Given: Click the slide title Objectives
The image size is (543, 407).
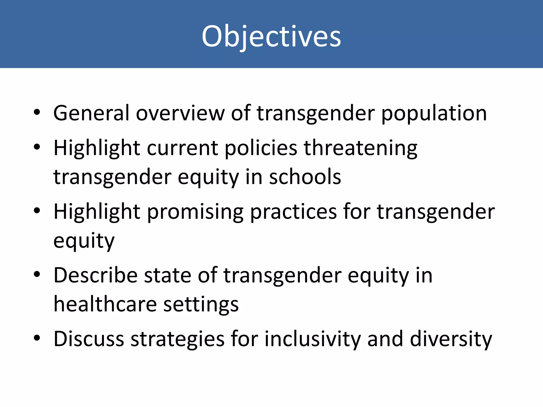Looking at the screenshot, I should click(x=271, y=36).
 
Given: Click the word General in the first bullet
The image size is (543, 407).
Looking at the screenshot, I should click(x=91, y=113).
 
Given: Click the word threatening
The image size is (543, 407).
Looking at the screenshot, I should click(x=360, y=148).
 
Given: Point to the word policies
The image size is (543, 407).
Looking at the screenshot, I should click(x=261, y=148).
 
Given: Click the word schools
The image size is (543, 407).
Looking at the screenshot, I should click(x=305, y=177).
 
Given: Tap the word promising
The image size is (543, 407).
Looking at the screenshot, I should click(x=195, y=212).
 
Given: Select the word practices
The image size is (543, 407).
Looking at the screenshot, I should click(x=293, y=212).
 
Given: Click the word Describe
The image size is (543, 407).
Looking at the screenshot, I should click(x=95, y=276).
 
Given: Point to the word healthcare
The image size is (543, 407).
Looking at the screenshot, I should click(x=105, y=304).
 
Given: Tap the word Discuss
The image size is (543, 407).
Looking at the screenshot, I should click(x=89, y=339).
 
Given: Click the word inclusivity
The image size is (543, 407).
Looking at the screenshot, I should click(x=313, y=339).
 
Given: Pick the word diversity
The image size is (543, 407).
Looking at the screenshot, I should click(x=451, y=339).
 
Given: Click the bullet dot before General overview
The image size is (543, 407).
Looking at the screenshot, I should click(x=37, y=112).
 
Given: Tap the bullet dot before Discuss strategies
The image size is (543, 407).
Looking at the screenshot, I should click(x=37, y=338).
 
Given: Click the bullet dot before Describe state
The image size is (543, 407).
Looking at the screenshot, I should click(x=37, y=275).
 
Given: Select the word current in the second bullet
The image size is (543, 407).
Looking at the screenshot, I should click(x=182, y=148).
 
